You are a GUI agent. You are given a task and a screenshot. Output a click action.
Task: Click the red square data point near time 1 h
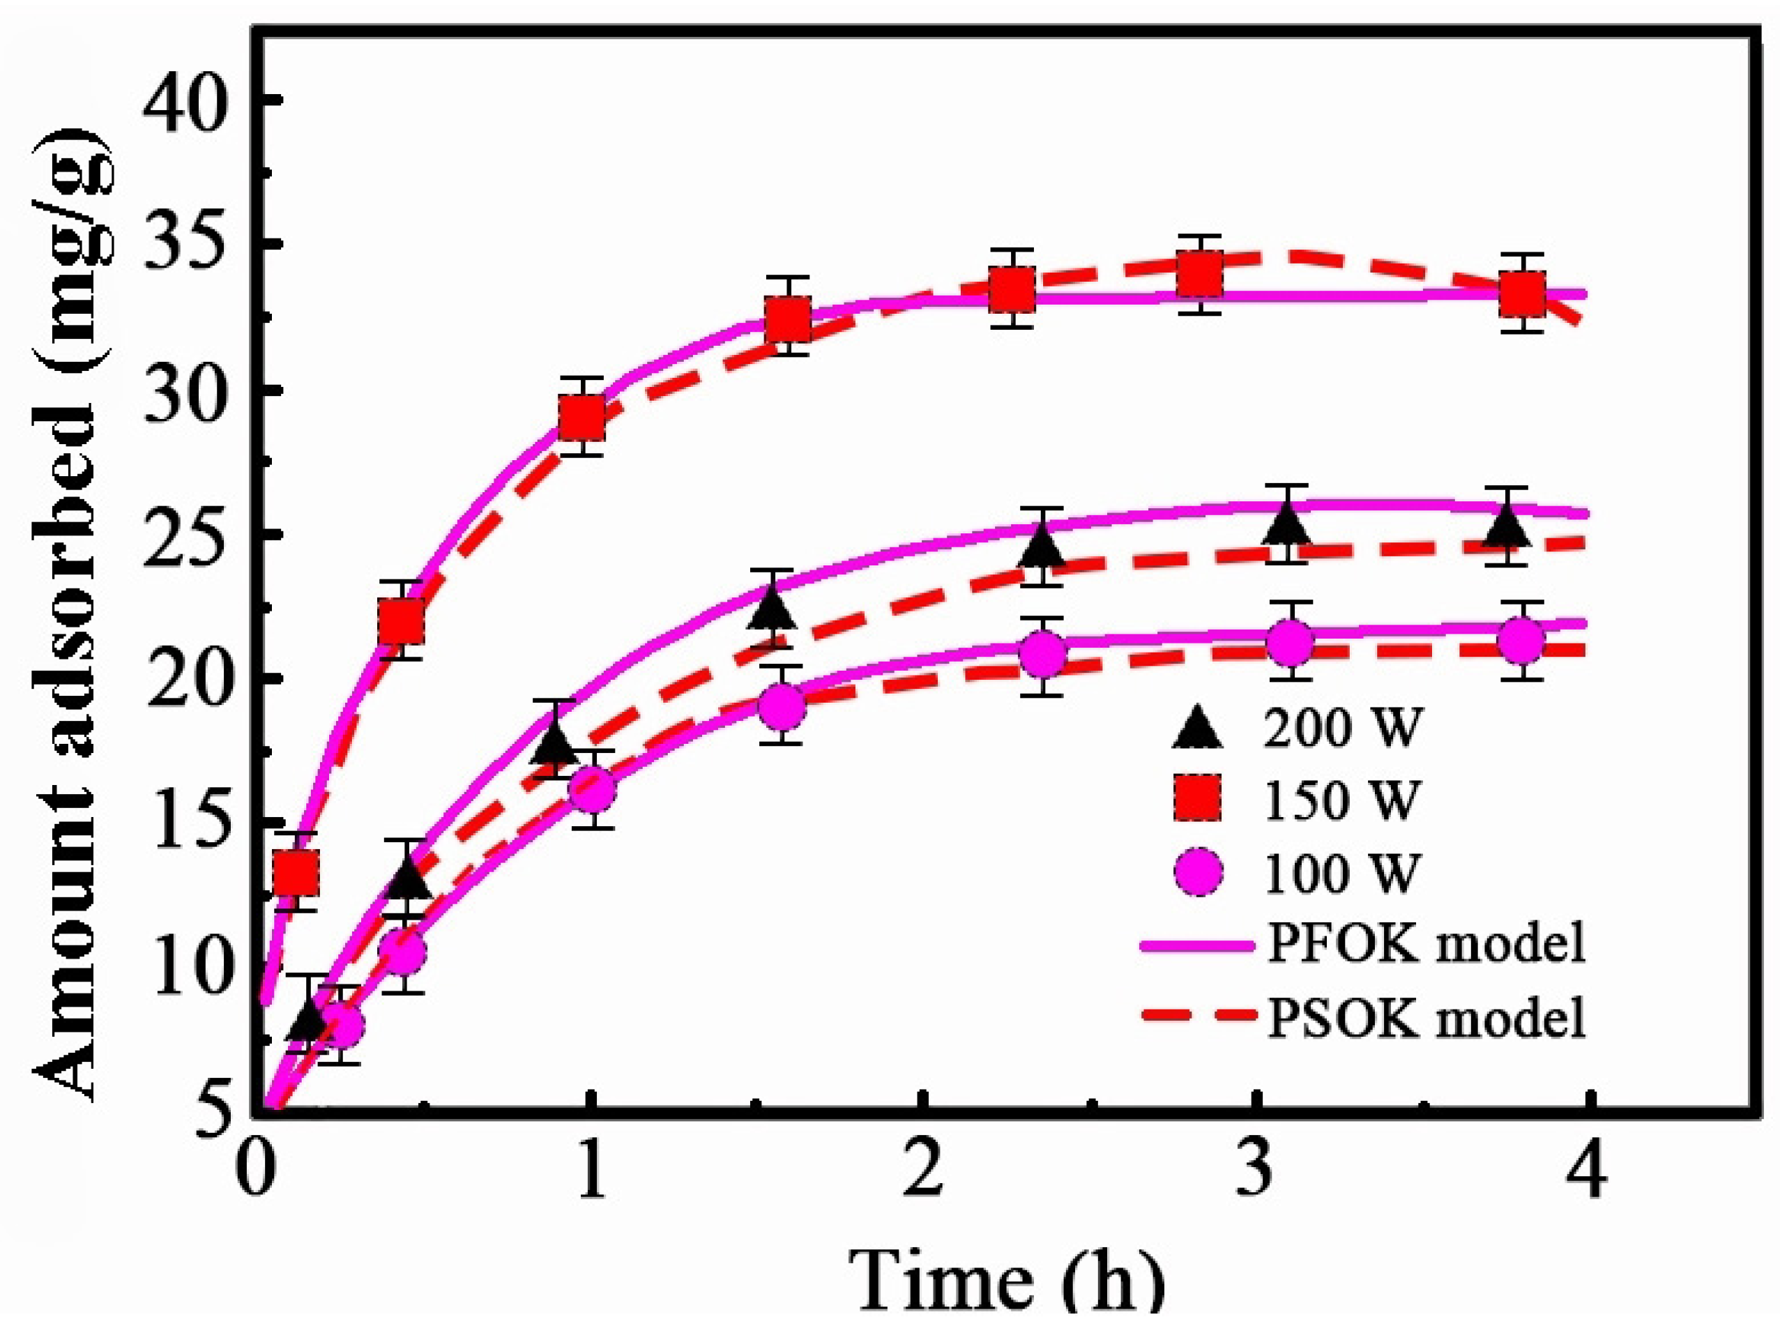click(x=583, y=417)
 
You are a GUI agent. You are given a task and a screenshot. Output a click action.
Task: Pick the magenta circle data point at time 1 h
click(x=592, y=790)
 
